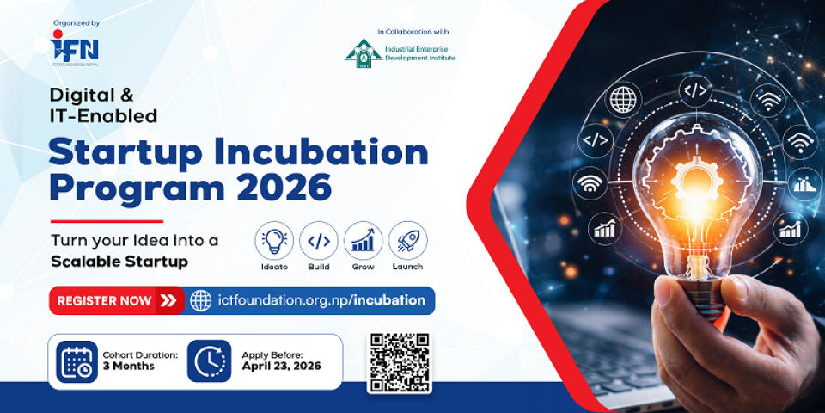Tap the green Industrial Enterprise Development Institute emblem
click(x=364, y=53)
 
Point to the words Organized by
click(x=76, y=23)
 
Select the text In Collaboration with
click(x=413, y=32)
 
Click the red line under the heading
click(x=107, y=221)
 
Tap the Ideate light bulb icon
click(x=274, y=241)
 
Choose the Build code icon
click(x=319, y=241)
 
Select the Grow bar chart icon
click(x=363, y=241)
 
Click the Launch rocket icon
click(x=407, y=241)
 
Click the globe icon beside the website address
click(x=200, y=301)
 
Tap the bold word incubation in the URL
click(x=389, y=300)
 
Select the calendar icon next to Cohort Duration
click(x=76, y=361)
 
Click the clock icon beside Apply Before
click(x=210, y=361)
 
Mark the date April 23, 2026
click(x=282, y=367)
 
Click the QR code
click(x=400, y=363)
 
